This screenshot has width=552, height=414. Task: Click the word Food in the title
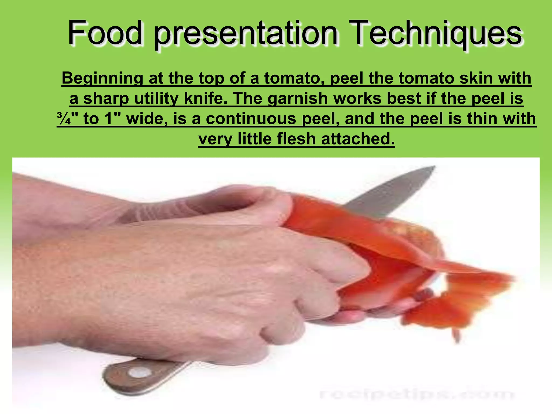(x=105, y=33)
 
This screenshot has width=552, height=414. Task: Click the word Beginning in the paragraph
(x=102, y=78)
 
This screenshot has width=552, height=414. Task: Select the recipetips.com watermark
(x=416, y=395)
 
